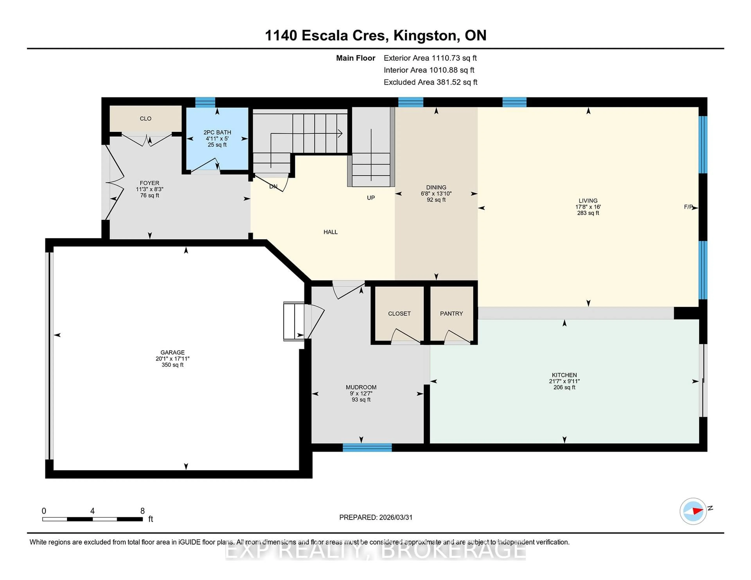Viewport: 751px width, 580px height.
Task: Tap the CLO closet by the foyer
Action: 146,119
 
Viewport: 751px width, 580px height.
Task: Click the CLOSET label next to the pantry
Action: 399,313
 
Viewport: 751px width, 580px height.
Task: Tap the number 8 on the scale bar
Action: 142,511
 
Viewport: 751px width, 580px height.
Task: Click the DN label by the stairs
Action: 273,187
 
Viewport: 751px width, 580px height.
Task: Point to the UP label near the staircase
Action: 371,198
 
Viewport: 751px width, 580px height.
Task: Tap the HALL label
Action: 331,232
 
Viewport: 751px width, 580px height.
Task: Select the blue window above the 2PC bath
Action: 205,102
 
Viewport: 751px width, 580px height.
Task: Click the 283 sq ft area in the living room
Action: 588,213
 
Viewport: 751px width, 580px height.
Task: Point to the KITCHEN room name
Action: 564,375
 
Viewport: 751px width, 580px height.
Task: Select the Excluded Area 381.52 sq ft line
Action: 430,82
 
